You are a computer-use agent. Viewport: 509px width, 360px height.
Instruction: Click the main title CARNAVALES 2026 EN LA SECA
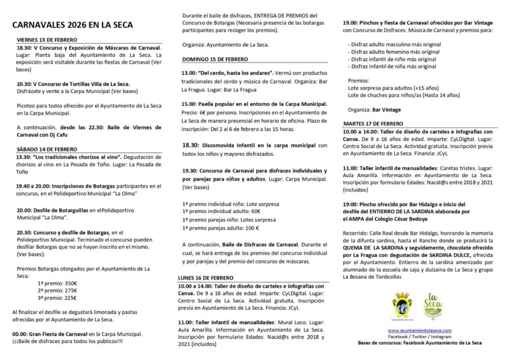click(x=73, y=24)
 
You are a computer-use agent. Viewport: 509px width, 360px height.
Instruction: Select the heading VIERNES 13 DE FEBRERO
click(x=47, y=40)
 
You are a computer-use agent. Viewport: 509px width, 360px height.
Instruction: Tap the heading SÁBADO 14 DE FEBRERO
click(x=47, y=149)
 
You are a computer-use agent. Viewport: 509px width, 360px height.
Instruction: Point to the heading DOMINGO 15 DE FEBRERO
click(x=215, y=59)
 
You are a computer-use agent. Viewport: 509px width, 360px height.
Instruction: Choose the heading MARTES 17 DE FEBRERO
click(x=373, y=123)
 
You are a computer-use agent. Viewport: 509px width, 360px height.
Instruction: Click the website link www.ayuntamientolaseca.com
click(x=420, y=330)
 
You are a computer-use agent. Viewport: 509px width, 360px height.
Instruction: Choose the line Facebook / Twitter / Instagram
click(x=420, y=337)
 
